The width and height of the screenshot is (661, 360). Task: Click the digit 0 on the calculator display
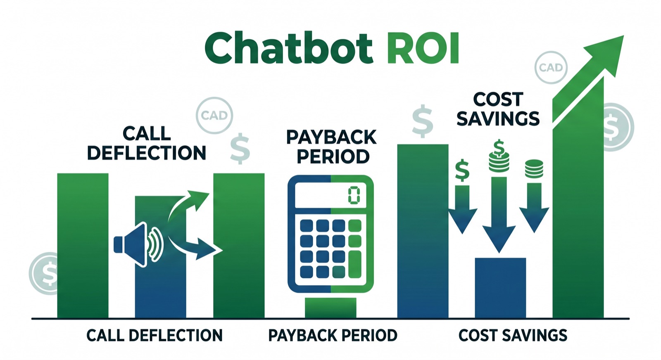pyautogui.click(x=354, y=195)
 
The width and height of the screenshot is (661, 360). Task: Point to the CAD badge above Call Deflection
pyautogui.click(x=214, y=116)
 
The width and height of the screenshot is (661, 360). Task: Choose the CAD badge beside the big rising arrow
pyautogui.click(x=551, y=67)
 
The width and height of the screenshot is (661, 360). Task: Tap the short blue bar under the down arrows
pyautogui.click(x=500, y=287)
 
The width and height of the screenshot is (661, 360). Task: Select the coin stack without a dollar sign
pyautogui.click(x=534, y=168)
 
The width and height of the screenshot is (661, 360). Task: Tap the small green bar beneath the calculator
pyautogui.click(x=330, y=308)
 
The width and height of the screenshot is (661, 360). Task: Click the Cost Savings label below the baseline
pyautogui.click(x=513, y=335)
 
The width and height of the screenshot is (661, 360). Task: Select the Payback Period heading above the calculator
pyautogui.click(x=331, y=147)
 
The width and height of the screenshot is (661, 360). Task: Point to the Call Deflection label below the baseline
pyautogui.click(x=154, y=335)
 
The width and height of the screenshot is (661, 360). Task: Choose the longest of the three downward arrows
pyautogui.click(x=499, y=215)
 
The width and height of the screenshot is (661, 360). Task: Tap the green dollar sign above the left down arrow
pyautogui.click(x=462, y=170)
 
